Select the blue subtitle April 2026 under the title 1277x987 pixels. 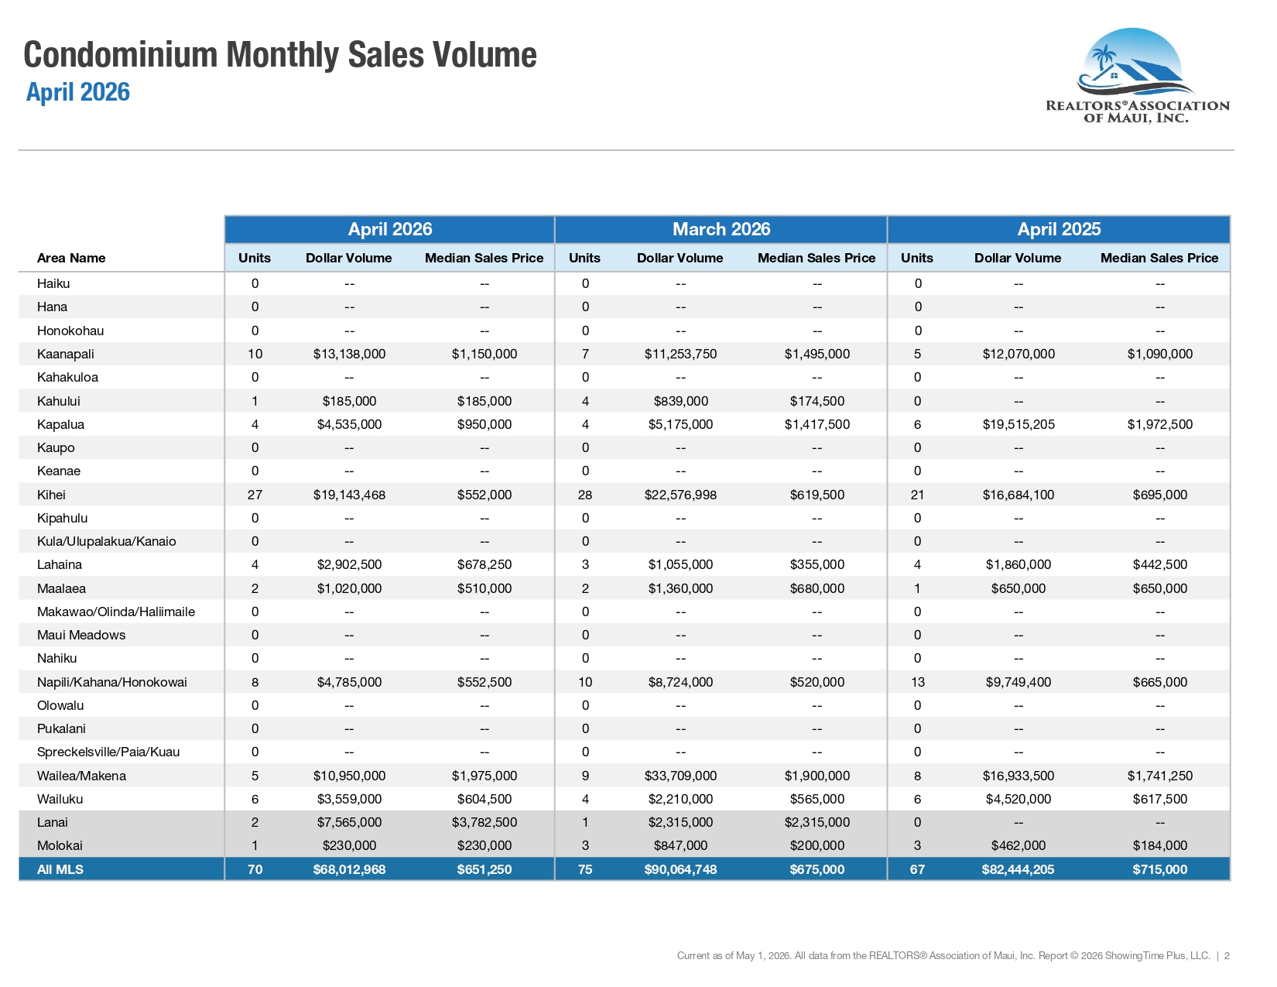77,92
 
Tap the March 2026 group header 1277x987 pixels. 721,229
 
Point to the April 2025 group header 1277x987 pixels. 1059,229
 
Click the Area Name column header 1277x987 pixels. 71,258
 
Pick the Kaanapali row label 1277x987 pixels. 65,354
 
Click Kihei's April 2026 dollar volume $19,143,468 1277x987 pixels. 349,495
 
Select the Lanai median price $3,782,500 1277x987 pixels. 484,822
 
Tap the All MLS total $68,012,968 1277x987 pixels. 349,869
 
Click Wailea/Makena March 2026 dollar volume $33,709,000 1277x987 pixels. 680,776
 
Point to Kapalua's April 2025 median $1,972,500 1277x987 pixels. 1159,424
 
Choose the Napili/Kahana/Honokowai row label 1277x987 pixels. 111,683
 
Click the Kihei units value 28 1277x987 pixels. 585,495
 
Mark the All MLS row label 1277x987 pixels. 60,869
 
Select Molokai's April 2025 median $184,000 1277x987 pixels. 1159,846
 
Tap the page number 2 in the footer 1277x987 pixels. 1227,956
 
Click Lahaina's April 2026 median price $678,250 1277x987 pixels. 484,565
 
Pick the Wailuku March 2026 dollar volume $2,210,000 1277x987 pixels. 680,800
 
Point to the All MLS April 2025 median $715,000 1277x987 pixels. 1159,869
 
